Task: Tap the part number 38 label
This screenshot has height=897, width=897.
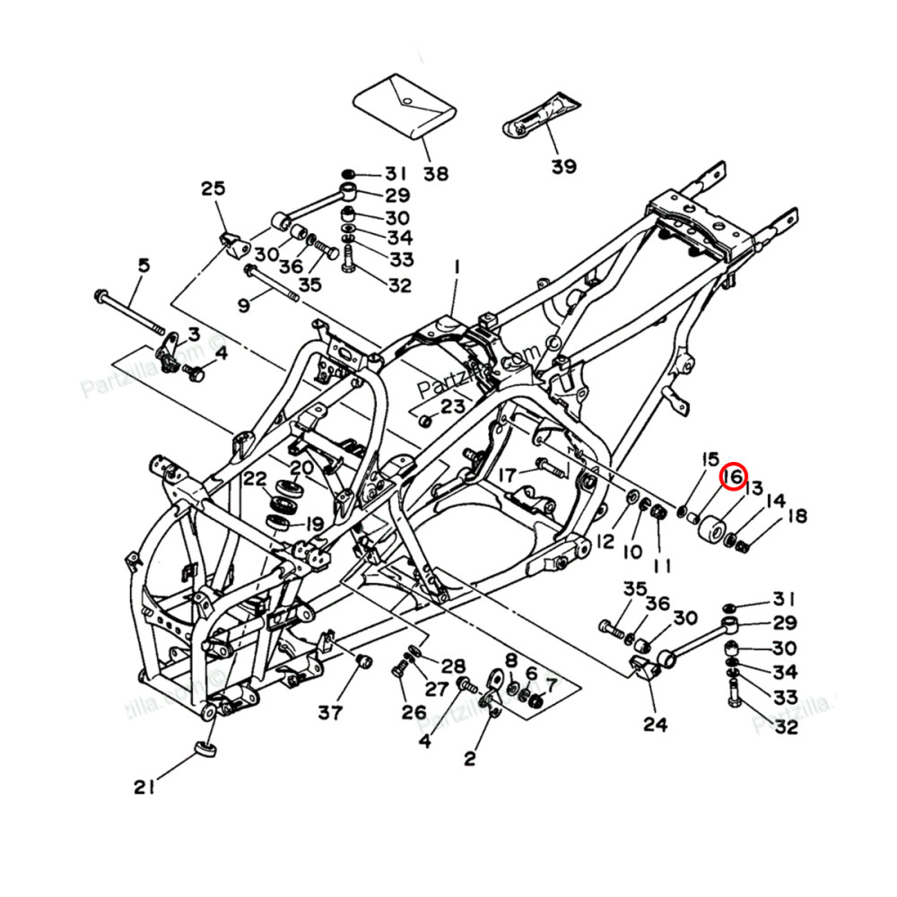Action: (x=437, y=173)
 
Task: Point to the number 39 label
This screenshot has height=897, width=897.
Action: (x=564, y=166)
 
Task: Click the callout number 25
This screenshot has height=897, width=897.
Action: (x=213, y=188)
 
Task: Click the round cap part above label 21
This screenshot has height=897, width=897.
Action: (x=206, y=749)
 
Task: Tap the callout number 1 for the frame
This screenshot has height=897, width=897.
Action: (x=456, y=266)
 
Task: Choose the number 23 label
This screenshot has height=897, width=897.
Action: (x=453, y=406)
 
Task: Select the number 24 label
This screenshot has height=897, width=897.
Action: (x=656, y=723)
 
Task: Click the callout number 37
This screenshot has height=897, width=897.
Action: (x=330, y=713)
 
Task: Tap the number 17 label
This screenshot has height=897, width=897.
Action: (x=509, y=473)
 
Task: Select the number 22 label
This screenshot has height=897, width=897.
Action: (x=256, y=478)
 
